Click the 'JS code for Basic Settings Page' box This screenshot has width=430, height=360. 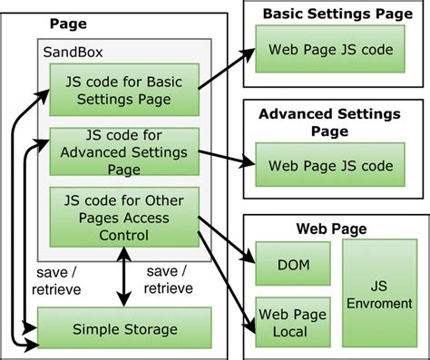pos(123,92)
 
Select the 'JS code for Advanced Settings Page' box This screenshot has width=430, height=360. pos(123,152)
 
